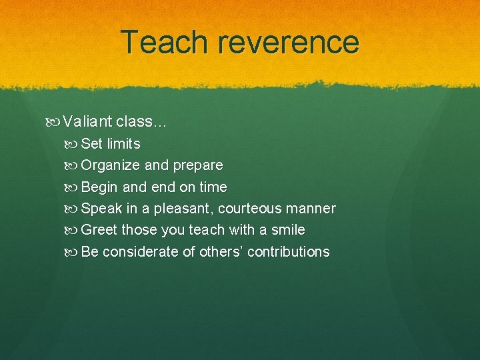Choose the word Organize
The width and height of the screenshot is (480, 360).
pyautogui.click(x=111, y=165)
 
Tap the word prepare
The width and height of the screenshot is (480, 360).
pyautogui.click(x=198, y=165)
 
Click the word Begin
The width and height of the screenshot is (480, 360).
pyautogui.click(x=100, y=187)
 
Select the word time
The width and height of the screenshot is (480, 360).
pyautogui.click(x=213, y=187)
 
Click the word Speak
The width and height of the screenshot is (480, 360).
pyautogui.click(x=101, y=209)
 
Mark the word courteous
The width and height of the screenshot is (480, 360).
pyautogui.click(x=250, y=209)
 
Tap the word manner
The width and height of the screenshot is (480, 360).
pyautogui.click(x=311, y=209)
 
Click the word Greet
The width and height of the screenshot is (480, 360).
pyautogui.click(x=99, y=230)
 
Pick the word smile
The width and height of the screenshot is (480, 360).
pyautogui.click(x=288, y=230)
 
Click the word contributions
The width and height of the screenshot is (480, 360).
pyautogui.click(x=288, y=252)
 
